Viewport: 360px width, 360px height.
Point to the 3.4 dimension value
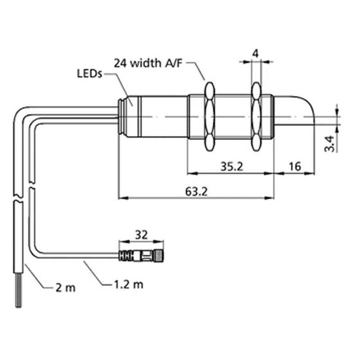[x=330, y=143]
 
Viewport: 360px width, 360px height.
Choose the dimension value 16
[x=294, y=166]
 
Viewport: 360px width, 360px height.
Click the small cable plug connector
[x=142, y=256]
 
